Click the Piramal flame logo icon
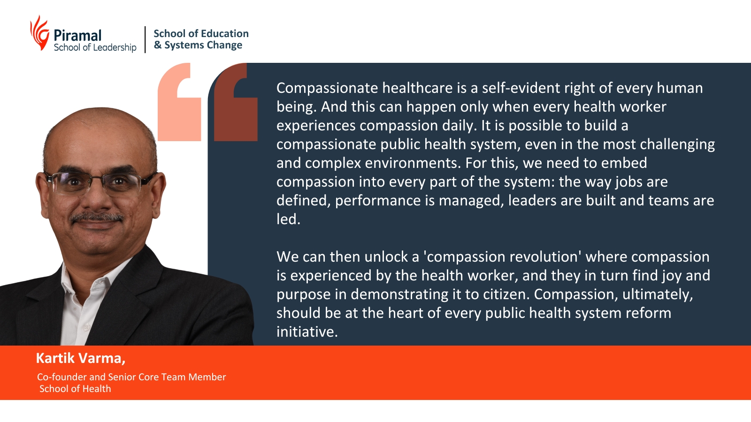pos(40,33)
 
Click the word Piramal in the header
pos(77,36)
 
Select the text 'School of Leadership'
pos(95,47)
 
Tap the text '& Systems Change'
pos(198,45)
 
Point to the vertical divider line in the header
pos(145,39)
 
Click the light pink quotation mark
pos(179,102)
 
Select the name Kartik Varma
pos(80,358)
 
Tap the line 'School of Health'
pos(75,389)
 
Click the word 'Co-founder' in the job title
pos(62,377)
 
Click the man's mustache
pos(96,218)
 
